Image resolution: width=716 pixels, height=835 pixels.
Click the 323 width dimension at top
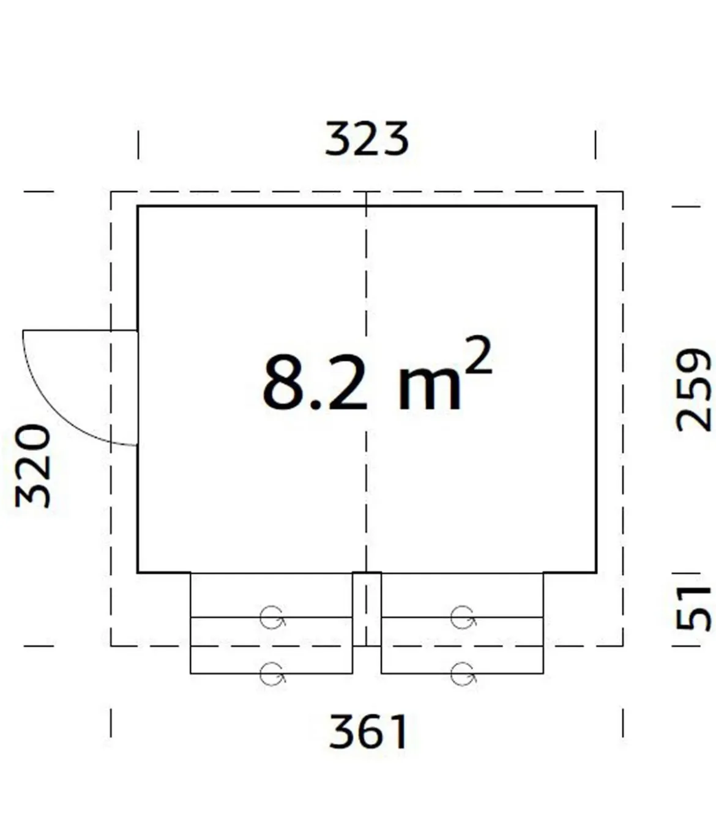point(367,139)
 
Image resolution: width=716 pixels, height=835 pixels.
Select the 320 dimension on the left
point(33,466)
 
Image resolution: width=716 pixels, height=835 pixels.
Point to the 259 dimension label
point(693,390)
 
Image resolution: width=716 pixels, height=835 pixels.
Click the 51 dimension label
point(693,609)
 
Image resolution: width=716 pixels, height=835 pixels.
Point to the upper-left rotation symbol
point(272,617)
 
